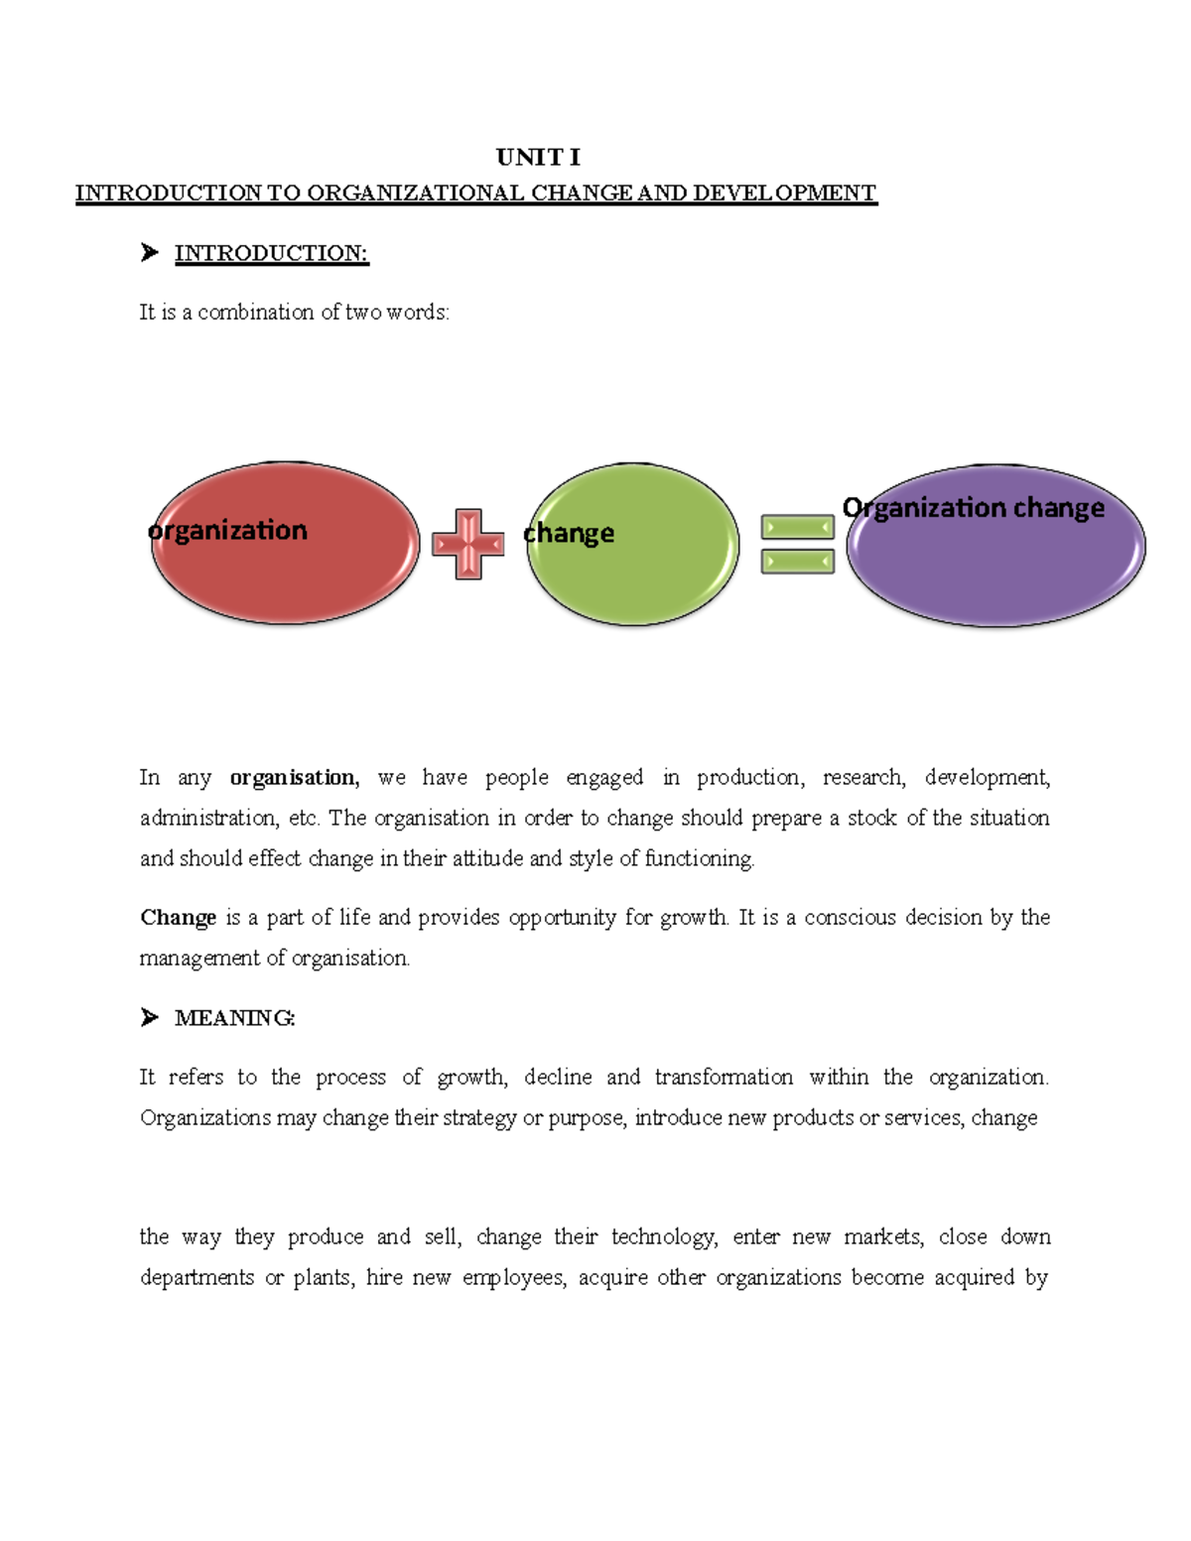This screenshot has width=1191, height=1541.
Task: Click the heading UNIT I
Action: (x=538, y=157)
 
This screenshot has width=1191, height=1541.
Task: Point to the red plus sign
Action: (x=468, y=544)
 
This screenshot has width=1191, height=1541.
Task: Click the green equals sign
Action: (x=797, y=544)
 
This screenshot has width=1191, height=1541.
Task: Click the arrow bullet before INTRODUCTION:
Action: (x=150, y=253)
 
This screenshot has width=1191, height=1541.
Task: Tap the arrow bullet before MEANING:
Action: (x=150, y=1017)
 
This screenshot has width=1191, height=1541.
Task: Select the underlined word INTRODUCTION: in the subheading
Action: (x=271, y=253)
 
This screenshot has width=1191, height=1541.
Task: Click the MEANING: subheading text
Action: (x=234, y=1018)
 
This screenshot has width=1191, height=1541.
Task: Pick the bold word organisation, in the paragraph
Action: (x=295, y=778)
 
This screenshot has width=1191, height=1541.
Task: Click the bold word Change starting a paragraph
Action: (x=178, y=918)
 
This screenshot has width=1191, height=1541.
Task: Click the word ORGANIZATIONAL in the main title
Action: (x=415, y=193)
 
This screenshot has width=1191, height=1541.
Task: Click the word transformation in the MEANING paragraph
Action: (x=724, y=1078)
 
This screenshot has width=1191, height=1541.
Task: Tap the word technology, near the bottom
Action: (x=664, y=1237)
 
